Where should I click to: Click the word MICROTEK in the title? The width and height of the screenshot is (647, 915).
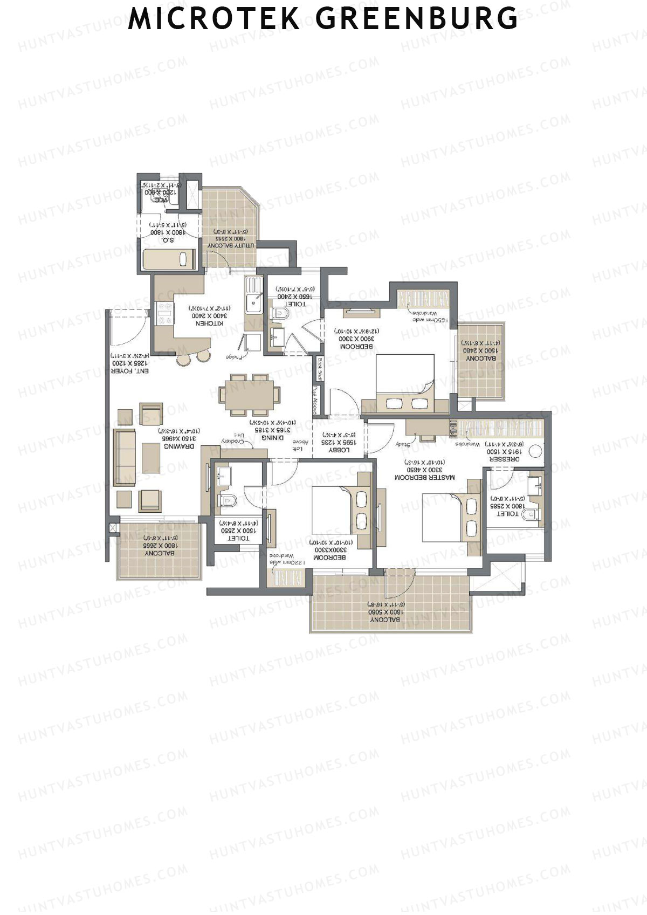[214, 19]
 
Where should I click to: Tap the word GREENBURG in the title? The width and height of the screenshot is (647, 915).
[416, 19]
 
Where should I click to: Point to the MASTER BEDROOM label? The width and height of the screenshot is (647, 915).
[424, 477]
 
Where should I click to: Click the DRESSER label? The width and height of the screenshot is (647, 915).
[504, 459]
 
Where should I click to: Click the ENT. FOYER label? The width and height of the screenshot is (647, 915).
[130, 371]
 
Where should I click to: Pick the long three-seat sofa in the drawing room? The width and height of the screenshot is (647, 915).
[124, 457]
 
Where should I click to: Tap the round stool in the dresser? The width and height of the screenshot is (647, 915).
[535, 451]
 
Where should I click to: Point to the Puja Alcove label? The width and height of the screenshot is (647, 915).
[315, 400]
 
